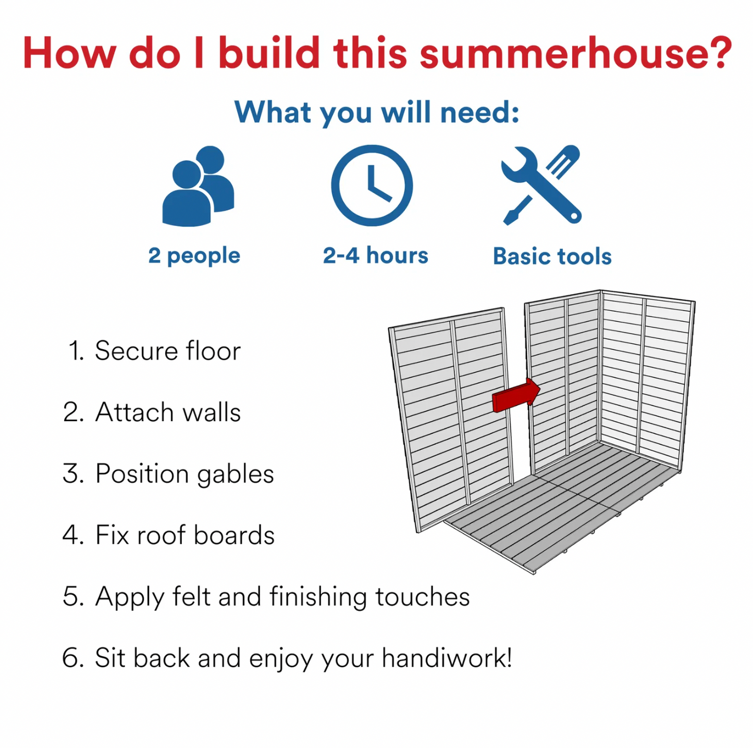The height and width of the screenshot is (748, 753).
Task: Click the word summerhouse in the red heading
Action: pos(555,53)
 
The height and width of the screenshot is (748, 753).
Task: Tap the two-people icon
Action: pos(198,186)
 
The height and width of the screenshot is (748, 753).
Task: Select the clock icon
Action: pos(372,186)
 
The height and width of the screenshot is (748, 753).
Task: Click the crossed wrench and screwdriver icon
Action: pos(541,185)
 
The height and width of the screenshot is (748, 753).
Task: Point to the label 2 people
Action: pos(194,256)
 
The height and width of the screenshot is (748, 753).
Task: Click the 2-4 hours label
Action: pos(376,255)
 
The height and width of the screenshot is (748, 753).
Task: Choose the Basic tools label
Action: pos(552,256)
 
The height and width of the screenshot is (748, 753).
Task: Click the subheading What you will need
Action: pos(377,113)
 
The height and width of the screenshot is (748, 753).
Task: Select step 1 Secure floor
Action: pos(154,351)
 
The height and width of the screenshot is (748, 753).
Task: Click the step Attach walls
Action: pos(152,412)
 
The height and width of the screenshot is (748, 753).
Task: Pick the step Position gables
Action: pos(168,474)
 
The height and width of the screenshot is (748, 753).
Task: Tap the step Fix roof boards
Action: pos(168,535)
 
